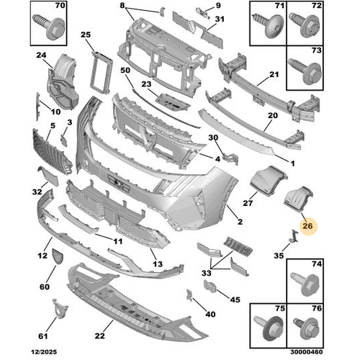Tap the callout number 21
pos(274,74)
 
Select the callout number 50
pos(125,70)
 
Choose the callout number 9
pos(218,7)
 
